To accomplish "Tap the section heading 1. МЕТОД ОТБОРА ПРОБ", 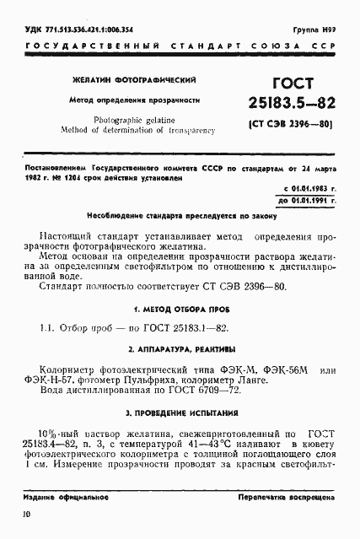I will click(179, 306).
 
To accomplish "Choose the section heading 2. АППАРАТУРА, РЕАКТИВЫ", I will click(179, 349).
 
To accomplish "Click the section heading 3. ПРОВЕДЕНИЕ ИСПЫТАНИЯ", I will click(179, 412).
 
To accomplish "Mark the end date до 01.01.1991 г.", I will click(306, 201).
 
